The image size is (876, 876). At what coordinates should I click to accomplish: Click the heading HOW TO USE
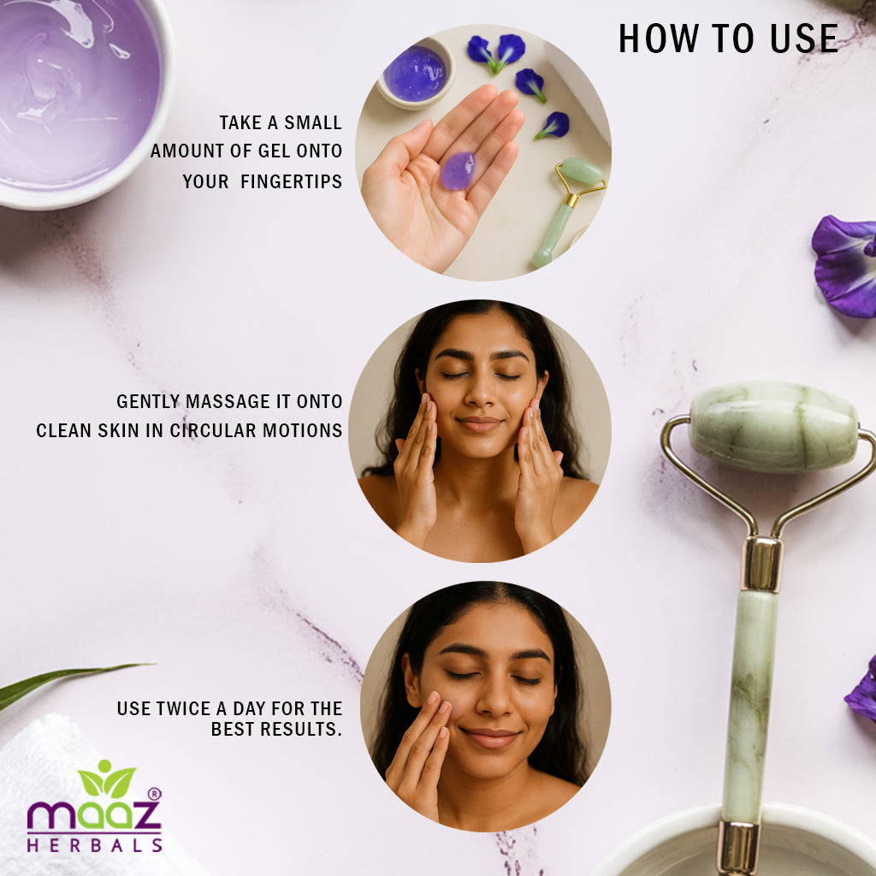[728, 38]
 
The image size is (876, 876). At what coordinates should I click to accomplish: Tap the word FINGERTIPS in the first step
[291, 181]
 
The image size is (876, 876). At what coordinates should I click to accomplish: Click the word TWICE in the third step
[183, 708]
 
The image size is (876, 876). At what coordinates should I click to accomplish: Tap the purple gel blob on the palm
[459, 170]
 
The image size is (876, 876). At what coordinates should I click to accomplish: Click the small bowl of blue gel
[415, 74]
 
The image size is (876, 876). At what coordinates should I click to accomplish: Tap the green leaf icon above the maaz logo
[107, 780]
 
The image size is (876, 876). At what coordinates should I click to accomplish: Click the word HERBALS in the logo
[94, 844]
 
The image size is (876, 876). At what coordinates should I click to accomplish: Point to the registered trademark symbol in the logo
[154, 794]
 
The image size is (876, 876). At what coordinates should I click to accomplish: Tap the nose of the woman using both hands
[480, 393]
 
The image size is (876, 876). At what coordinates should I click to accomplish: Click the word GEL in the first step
[274, 151]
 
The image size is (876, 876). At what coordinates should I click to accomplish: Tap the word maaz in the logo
[94, 816]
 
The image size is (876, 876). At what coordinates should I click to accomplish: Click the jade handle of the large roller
[749, 705]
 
